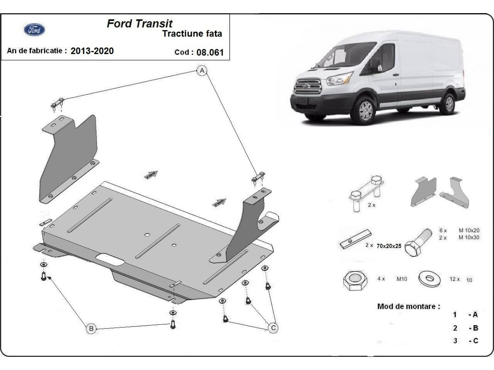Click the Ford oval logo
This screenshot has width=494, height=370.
click(35, 30)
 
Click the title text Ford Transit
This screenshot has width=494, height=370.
click(140, 23)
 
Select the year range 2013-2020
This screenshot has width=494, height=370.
click(92, 51)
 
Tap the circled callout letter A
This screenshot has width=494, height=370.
click(202, 71)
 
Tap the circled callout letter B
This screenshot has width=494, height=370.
click(91, 328)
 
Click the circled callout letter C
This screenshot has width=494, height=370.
click(273, 328)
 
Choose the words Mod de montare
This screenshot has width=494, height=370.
click(408, 306)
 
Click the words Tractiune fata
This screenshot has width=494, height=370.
click(192, 34)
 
